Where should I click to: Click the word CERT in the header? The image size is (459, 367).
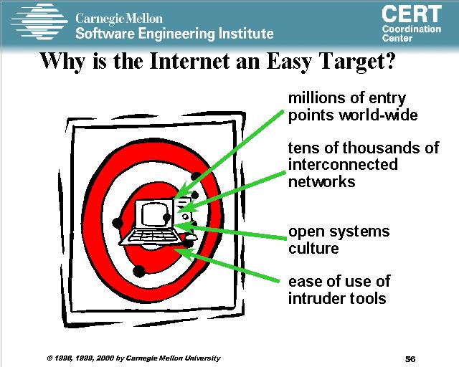[x=412, y=14]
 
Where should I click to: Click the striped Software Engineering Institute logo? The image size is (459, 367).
[x=39, y=22]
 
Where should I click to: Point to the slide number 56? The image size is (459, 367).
[x=410, y=359]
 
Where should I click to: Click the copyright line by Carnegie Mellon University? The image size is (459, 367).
[x=133, y=358]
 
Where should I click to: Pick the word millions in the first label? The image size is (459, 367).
[x=317, y=98]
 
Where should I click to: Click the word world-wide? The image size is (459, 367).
[x=378, y=115]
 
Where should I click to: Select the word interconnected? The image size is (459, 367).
[x=343, y=164]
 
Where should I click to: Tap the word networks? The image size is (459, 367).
[x=321, y=181]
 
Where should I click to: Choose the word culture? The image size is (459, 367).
[x=313, y=249]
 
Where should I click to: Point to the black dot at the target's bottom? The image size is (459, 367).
[x=139, y=271]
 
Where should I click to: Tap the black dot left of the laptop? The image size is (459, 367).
[x=118, y=223]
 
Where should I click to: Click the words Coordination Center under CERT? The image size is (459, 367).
[x=412, y=34]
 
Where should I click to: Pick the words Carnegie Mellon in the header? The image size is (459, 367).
[x=119, y=19]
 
